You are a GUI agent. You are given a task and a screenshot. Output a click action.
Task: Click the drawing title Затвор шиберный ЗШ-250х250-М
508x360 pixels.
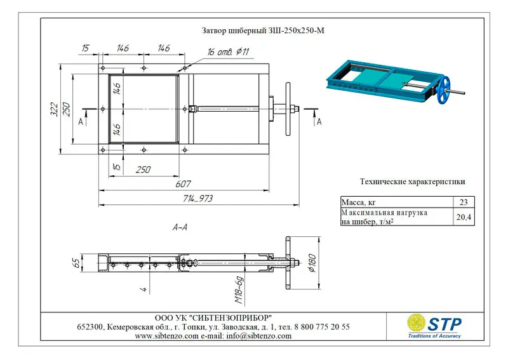(263, 30)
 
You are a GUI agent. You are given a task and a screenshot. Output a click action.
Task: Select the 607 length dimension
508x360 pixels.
(183, 184)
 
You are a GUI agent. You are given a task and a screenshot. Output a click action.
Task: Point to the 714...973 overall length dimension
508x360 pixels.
(197, 198)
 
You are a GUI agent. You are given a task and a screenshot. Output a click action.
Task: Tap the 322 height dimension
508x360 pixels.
(55, 109)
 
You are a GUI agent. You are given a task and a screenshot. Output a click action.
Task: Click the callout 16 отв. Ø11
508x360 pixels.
(228, 52)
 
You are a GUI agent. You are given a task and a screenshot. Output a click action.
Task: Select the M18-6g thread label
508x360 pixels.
(239, 290)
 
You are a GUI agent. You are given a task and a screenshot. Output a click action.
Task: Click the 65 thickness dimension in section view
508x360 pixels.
(76, 263)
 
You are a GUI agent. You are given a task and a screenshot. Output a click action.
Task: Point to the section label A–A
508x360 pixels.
(180, 227)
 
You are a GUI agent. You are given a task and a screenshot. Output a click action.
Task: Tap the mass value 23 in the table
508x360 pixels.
(464, 202)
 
